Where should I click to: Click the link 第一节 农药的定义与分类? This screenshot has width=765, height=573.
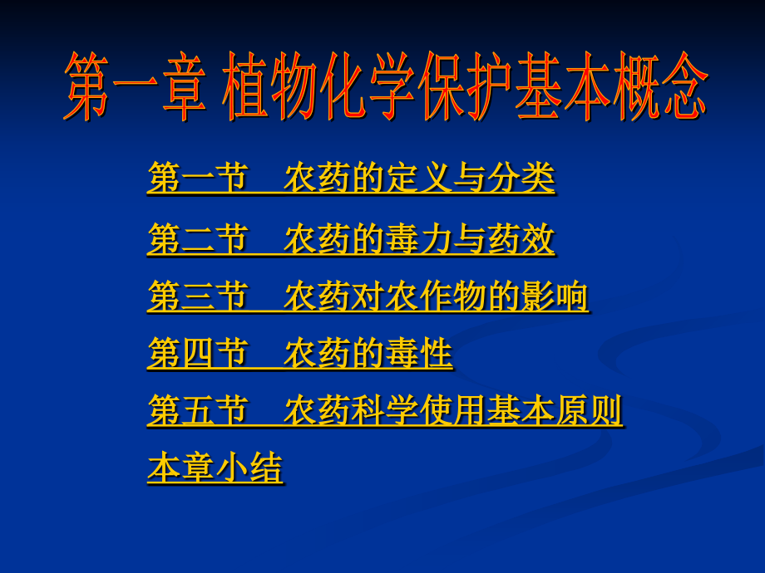pyautogui.click(x=351, y=179)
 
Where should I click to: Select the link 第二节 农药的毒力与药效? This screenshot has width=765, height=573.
pyautogui.click(x=351, y=239)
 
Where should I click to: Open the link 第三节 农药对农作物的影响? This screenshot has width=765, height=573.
pyautogui.click(x=368, y=296)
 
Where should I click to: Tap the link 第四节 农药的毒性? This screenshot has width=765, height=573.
pyautogui.click(x=300, y=353)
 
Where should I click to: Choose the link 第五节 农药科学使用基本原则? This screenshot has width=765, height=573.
pyautogui.click(x=386, y=411)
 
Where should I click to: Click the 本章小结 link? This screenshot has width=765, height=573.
pyautogui.click(x=215, y=468)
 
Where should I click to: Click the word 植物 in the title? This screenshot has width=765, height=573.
pyautogui.click(x=269, y=86)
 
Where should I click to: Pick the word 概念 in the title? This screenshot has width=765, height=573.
pyautogui.click(x=660, y=86)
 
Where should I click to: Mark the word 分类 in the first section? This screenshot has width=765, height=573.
pyautogui.click(x=521, y=178)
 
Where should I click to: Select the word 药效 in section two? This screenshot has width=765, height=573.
pyautogui.click(x=521, y=238)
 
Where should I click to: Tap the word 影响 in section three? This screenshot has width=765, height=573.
pyautogui.click(x=555, y=296)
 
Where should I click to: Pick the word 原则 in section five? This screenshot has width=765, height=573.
pyautogui.click(x=590, y=410)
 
